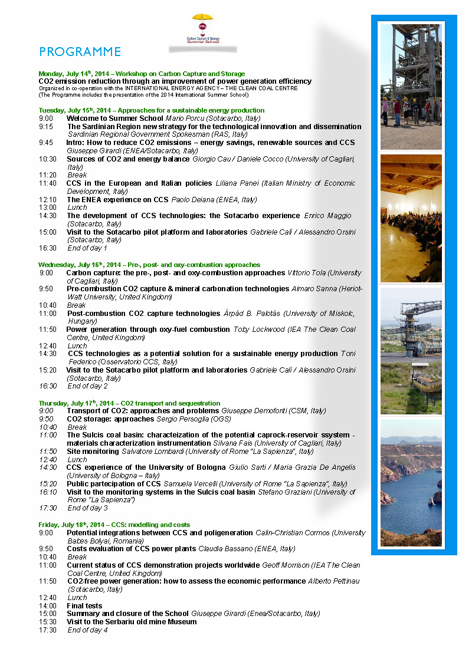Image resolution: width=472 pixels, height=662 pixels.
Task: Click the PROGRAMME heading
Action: (80, 52)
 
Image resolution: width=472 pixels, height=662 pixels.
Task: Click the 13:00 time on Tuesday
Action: (48, 208)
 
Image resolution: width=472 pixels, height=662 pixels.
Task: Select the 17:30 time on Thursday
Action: (48, 508)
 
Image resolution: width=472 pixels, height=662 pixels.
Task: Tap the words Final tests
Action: (84, 605)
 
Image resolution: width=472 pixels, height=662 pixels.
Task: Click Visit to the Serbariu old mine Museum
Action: (132, 621)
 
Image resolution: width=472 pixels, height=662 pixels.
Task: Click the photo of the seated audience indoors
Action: (411, 218)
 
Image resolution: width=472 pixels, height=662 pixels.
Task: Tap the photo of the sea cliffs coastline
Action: (411, 482)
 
